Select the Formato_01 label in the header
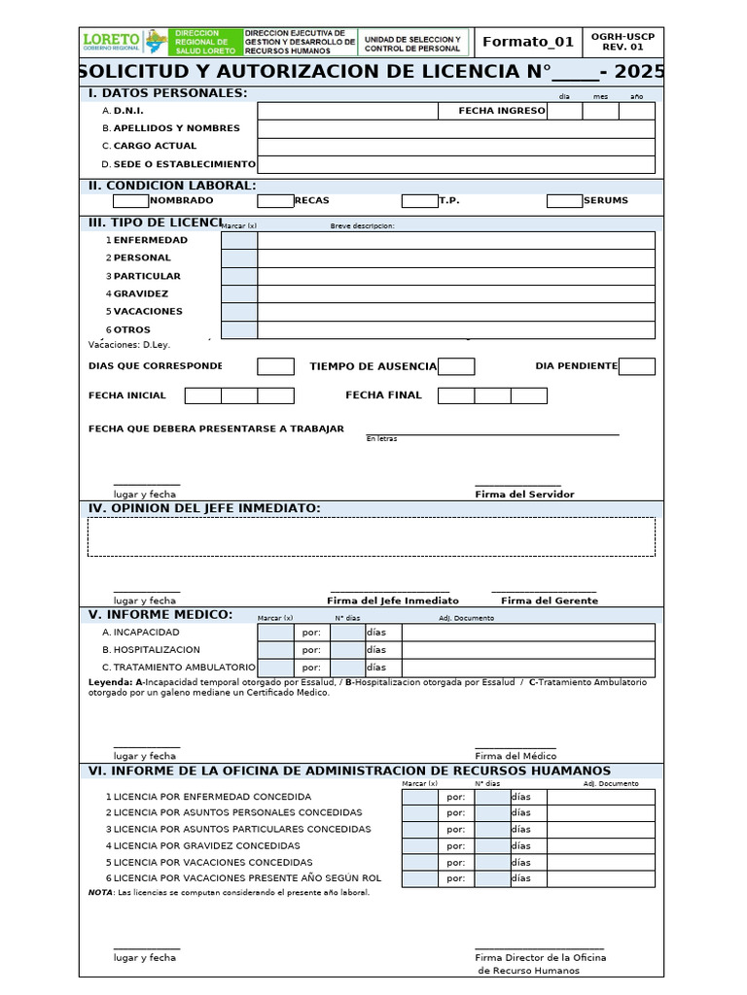(528, 41)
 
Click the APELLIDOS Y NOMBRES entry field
(455, 128)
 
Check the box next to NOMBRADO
(130, 201)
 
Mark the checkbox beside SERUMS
(564, 201)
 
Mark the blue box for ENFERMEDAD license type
(239, 240)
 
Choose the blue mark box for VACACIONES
(239, 312)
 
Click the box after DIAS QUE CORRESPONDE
(275, 366)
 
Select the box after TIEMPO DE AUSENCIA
(456, 366)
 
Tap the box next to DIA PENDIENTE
(636, 366)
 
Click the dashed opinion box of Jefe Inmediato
(371, 536)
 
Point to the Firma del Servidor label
(524, 495)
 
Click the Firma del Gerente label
(550, 600)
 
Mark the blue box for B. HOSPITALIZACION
(275, 650)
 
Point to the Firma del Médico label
(516, 756)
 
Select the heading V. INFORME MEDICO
(160, 614)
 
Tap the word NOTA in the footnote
(100, 892)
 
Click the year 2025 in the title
(640, 72)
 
